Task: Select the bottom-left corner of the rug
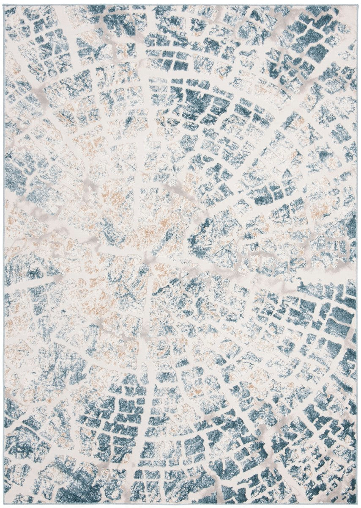click(x=4, y=504)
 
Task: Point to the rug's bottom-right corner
click(x=357, y=504)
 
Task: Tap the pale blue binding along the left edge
click(x=4, y=254)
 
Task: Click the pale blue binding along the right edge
click(x=358, y=254)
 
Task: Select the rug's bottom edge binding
click(x=180, y=504)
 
